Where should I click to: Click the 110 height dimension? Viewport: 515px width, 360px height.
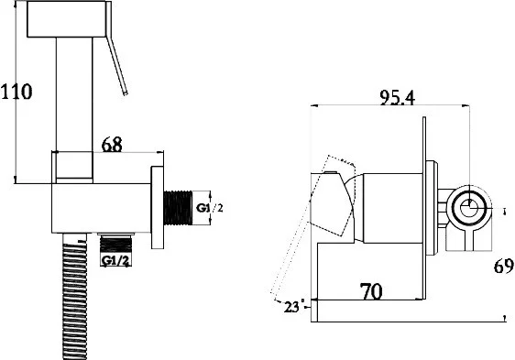[x=16, y=92]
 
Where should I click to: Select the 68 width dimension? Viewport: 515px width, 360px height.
[x=112, y=145]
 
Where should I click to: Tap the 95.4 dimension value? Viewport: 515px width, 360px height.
[x=397, y=97]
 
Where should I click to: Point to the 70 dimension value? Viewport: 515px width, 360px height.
[x=371, y=291]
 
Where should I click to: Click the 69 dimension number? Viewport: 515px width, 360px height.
[x=503, y=266]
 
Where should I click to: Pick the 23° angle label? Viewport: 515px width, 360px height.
[x=291, y=308]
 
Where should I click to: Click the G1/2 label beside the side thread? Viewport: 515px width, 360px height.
[x=210, y=208]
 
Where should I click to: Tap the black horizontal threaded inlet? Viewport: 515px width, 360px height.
[x=178, y=208]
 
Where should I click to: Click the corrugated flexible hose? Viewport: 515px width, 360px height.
[x=74, y=297]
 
